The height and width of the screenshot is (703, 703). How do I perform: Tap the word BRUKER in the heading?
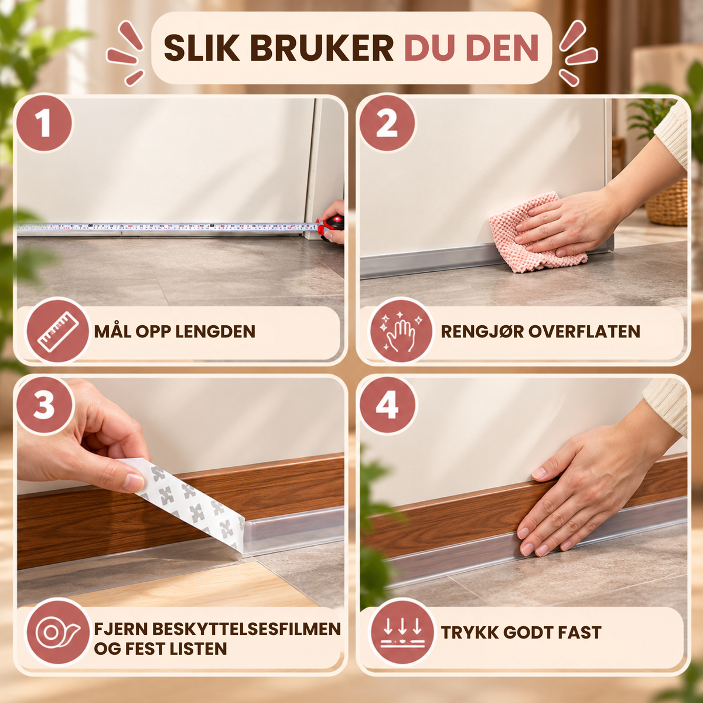[x=322, y=49]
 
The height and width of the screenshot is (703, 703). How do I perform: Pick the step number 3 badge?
[x=44, y=405]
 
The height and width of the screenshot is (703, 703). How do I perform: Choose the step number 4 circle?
[x=387, y=405]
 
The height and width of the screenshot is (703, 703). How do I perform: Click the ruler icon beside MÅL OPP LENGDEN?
[x=58, y=331]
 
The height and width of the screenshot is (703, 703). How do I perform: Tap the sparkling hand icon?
[x=401, y=331]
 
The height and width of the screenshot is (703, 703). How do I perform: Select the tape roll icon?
[x=58, y=632]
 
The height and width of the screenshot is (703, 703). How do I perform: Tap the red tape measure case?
[x=331, y=227]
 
